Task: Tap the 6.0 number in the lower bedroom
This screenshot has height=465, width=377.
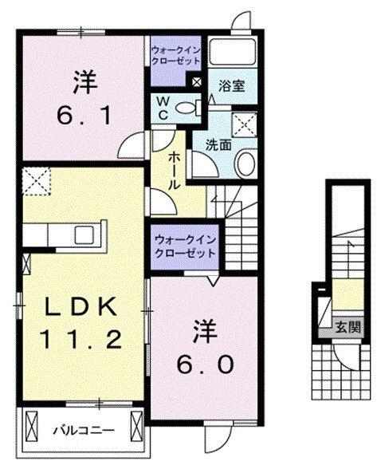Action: tap(204, 364)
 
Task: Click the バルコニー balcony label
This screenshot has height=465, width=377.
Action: tap(83, 431)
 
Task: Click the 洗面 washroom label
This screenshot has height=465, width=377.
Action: tap(218, 147)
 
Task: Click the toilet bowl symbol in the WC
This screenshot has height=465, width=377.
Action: tap(188, 108)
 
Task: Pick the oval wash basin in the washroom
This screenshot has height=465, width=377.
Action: tap(245, 164)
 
